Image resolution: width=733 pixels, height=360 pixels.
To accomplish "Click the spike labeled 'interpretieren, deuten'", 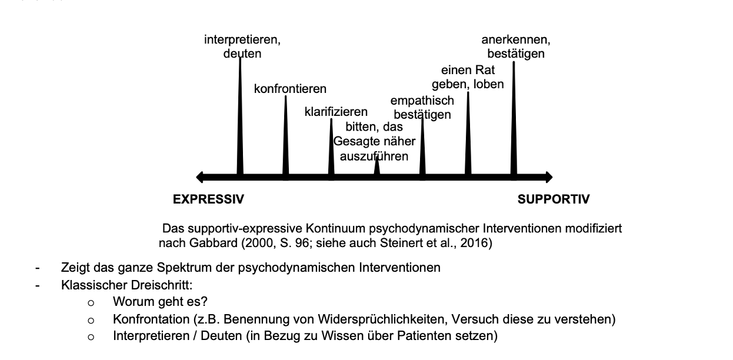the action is (240, 118).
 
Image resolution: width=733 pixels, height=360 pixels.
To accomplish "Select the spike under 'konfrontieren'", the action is (285, 138).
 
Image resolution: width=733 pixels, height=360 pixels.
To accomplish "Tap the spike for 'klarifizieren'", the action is (331, 150).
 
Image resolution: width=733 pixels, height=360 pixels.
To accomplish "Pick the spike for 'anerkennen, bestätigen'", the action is (514, 118).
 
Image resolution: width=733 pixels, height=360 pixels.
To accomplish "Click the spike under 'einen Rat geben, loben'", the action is (468, 135).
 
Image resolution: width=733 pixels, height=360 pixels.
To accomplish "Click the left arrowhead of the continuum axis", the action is (200, 177).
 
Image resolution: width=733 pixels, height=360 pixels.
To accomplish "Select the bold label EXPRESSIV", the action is (208, 200).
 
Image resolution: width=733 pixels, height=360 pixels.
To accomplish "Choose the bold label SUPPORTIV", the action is (553, 200).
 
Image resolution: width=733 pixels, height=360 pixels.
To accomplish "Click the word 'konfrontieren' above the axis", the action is (290, 89).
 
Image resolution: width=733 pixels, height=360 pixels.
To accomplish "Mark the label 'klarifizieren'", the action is (336, 112).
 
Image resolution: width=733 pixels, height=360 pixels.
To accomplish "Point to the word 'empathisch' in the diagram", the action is (422, 101).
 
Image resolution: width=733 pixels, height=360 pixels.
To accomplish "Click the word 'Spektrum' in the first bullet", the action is (183, 268).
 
